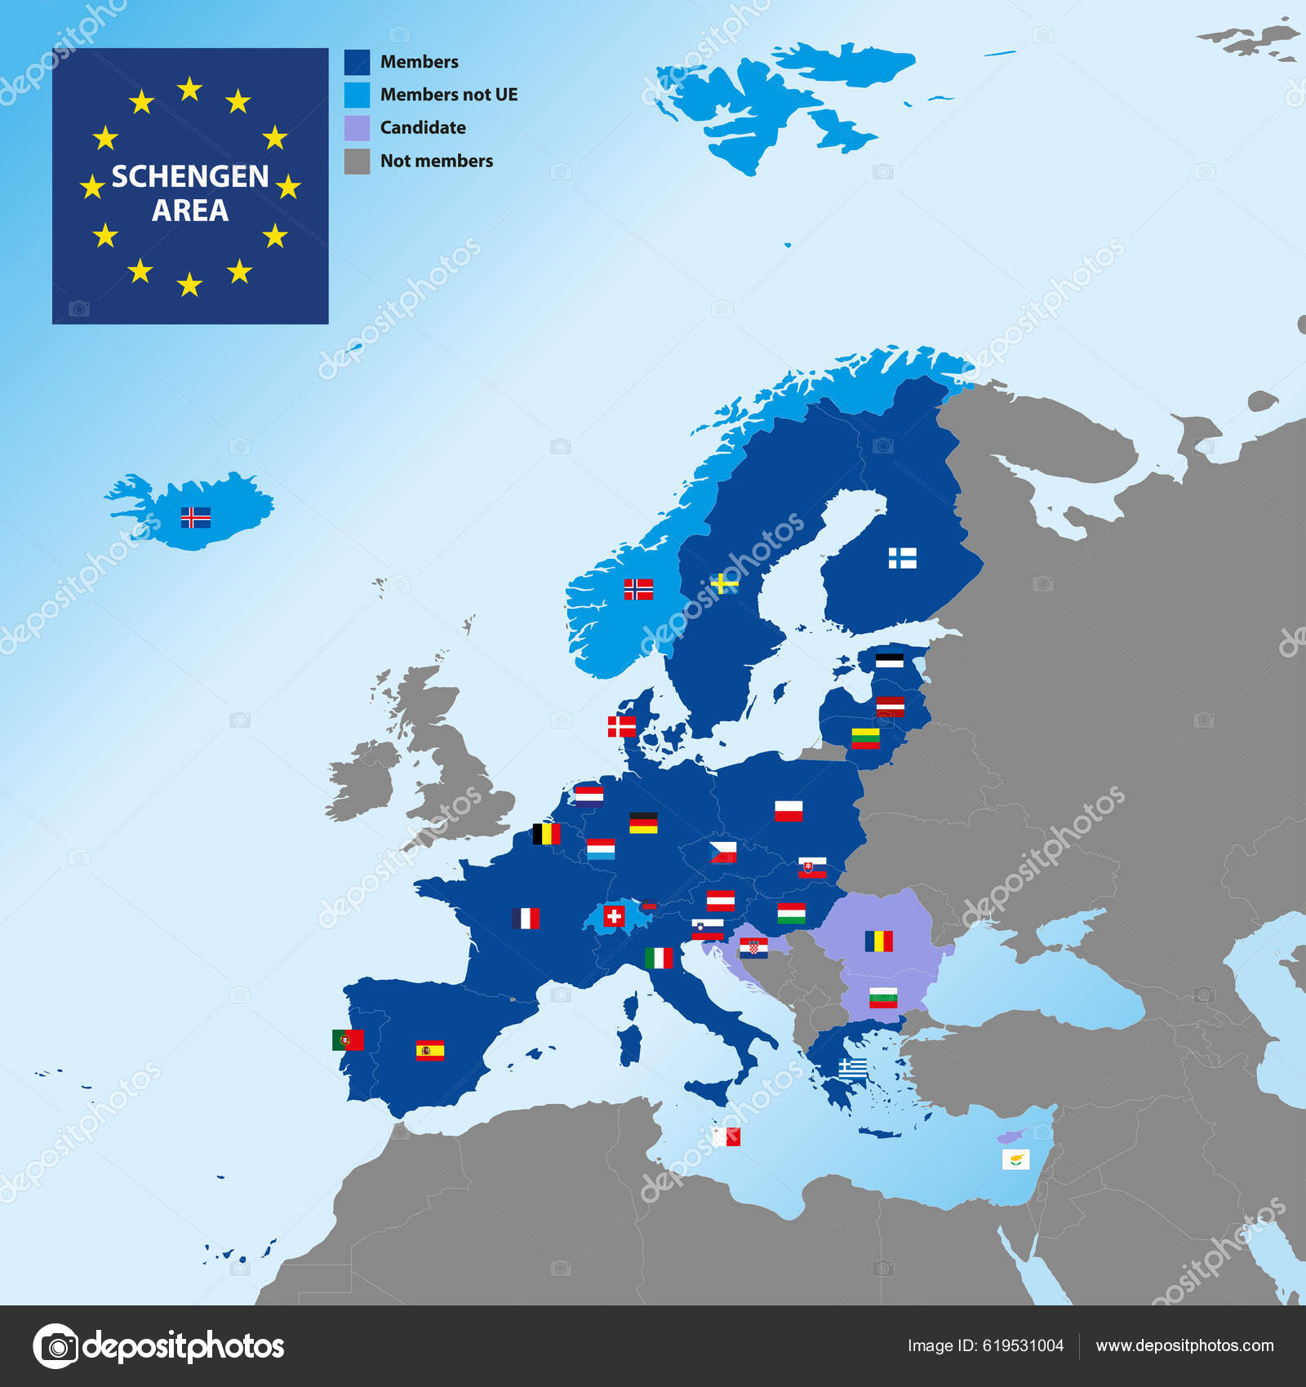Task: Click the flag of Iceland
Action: [x=195, y=517]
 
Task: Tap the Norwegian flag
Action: [x=638, y=589]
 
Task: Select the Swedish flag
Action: [x=724, y=583]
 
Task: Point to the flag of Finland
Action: [x=902, y=558]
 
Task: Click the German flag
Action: [x=643, y=822]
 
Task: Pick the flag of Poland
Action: [x=788, y=811]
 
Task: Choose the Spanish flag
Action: [x=430, y=1050]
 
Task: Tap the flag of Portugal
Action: [x=348, y=1039]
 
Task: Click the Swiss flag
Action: [x=614, y=916]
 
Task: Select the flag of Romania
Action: [x=879, y=941]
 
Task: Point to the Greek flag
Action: [x=853, y=1068]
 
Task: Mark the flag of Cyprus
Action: [x=1015, y=1159]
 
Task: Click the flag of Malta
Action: [x=726, y=1137]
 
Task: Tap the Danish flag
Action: [x=622, y=725]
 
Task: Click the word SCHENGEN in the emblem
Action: [x=190, y=176]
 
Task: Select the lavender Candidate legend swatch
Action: [x=357, y=128]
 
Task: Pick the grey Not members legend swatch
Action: [x=357, y=161]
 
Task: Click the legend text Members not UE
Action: [x=449, y=95]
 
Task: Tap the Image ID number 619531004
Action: [x=1023, y=1345]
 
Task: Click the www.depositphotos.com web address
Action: [x=1184, y=1345]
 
